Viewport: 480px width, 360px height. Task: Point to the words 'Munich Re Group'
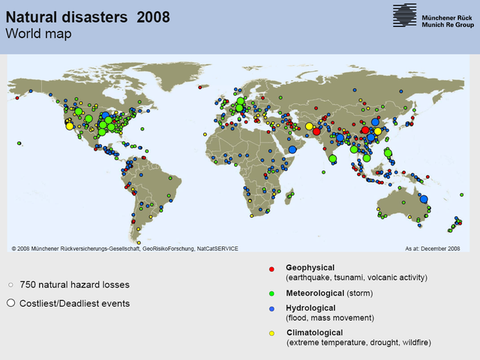437,22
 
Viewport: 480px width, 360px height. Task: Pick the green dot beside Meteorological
273,293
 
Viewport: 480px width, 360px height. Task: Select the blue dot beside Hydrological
273,310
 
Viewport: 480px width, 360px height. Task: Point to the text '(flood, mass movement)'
329,319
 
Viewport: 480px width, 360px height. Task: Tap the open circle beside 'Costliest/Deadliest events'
10,302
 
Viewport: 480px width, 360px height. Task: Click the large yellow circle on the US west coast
69,125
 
